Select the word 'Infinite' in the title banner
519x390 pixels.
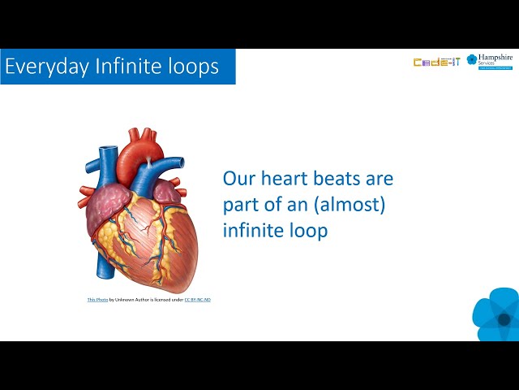coord(114,67)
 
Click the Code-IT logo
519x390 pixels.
coord(436,62)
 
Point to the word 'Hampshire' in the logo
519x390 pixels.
coord(496,58)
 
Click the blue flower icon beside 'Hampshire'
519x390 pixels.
coord(472,60)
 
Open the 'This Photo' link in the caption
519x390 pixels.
coord(97,300)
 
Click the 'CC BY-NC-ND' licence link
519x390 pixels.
coord(197,300)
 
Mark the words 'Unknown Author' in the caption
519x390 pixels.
coord(129,300)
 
